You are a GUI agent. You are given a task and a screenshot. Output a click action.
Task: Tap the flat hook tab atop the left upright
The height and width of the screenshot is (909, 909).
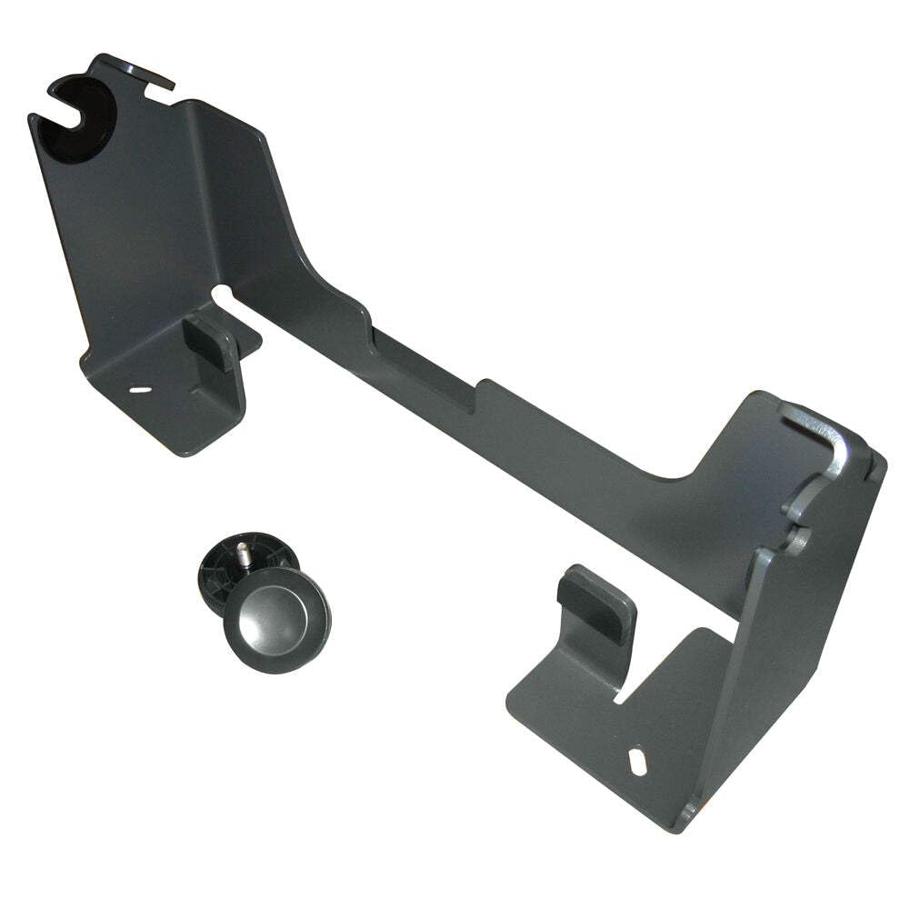[136, 70]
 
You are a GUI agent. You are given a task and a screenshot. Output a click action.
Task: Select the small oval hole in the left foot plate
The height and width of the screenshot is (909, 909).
[141, 390]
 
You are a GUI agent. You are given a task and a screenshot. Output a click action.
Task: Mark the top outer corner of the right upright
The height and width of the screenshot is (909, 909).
[878, 454]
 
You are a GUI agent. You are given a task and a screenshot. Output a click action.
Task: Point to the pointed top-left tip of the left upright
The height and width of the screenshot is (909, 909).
[33, 119]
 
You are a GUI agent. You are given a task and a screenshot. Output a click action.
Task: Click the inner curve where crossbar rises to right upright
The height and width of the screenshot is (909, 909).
[682, 473]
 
